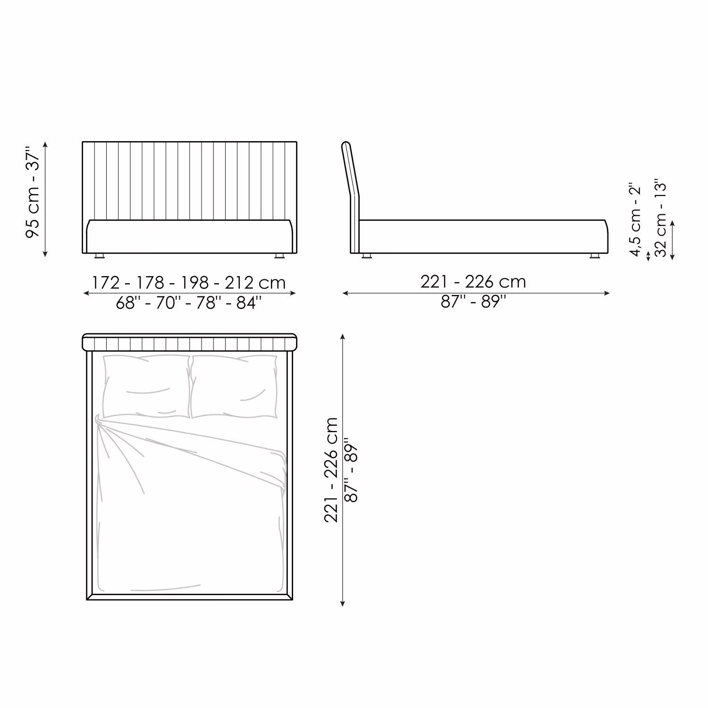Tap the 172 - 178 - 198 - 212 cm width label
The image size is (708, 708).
pyautogui.click(x=189, y=282)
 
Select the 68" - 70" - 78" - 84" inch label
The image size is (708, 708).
pyautogui.click(x=189, y=303)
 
